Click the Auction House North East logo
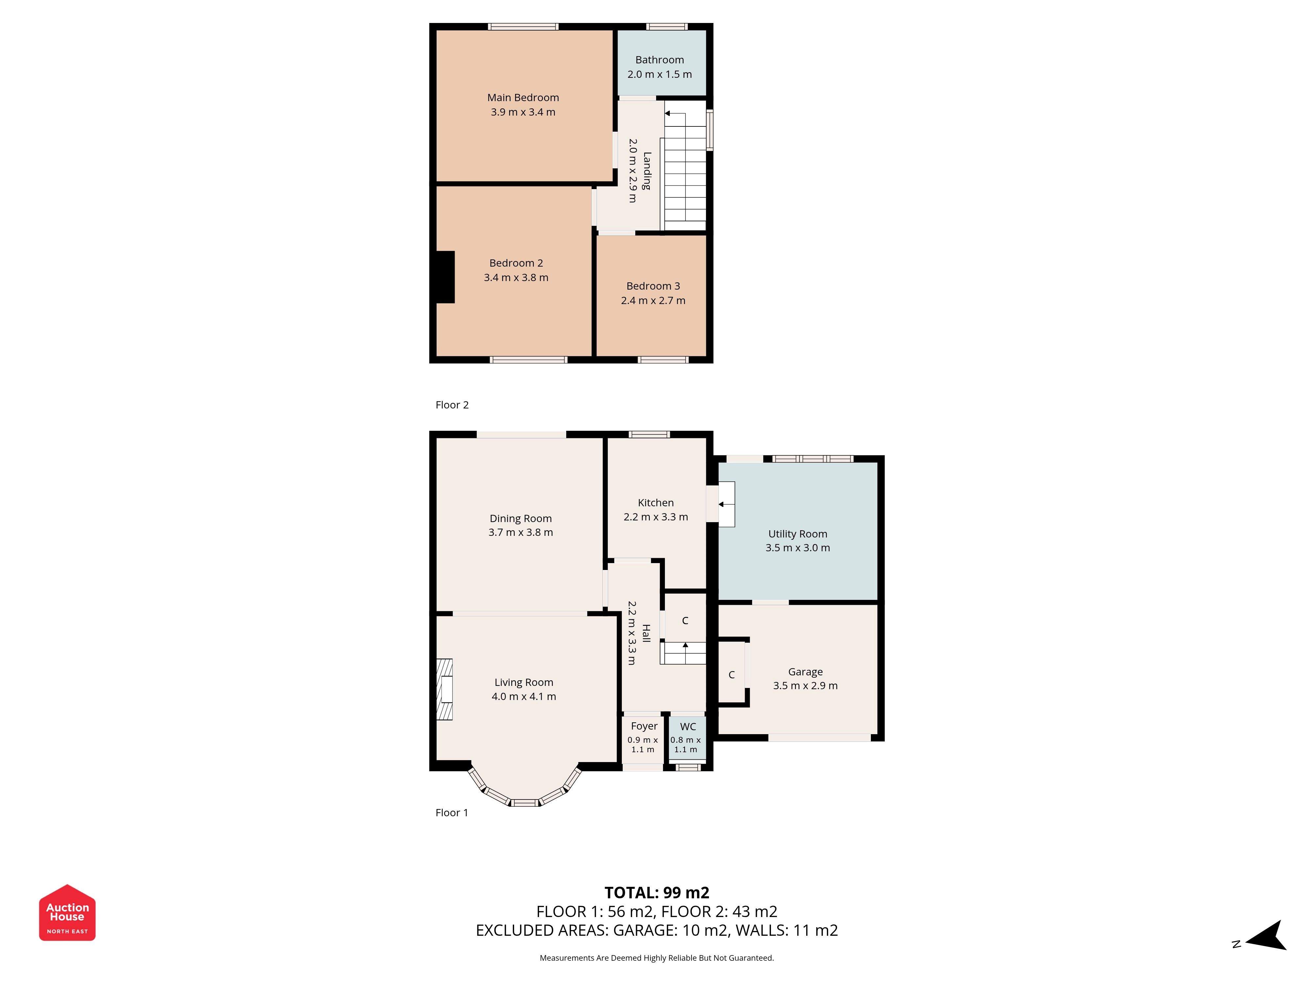(x=67, y=912)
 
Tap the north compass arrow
(x=1266, y=936)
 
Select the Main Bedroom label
(x=523, y=98)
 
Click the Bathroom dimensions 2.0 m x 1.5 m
(x=659, y=74)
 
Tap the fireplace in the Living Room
(x=444, y=689)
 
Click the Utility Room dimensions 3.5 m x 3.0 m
(x=797, y=548)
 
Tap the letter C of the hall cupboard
(x=685, y=621)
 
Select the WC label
(x=688, y=727)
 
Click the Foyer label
(x=644, y=727)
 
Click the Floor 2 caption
(x=452, y=405)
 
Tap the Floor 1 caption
(x=451, y=813)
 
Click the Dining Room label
(x=520, y=519)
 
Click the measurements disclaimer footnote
(x=656, y=958)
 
